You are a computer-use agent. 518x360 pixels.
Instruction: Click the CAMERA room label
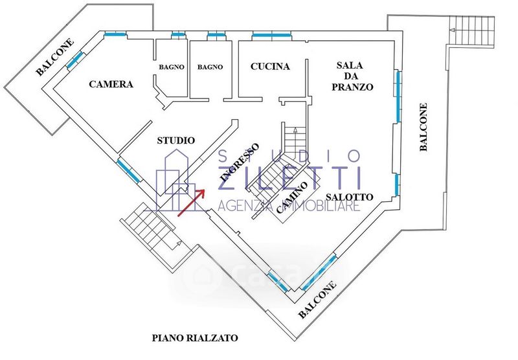tap(111, 84)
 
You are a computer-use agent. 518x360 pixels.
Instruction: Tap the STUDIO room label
tap(176, 140)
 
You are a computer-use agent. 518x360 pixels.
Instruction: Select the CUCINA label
tap(269, 67)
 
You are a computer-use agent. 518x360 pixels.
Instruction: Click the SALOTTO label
tap(349, 197)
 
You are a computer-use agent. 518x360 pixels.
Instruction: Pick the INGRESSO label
tap(240, 162)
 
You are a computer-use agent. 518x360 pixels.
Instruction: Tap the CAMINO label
tap(291, 200)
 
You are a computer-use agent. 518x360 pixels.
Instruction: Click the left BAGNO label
tap(172, 67)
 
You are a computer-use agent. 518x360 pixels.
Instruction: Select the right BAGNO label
tap(210, 67)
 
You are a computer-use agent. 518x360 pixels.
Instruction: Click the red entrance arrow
tap(191, 201)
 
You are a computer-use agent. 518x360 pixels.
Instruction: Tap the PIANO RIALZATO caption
tap(195, 337)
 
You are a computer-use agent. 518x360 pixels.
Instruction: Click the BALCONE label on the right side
tap(423, 128)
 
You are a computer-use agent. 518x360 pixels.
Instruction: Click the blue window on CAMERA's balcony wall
tap(74, 60)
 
